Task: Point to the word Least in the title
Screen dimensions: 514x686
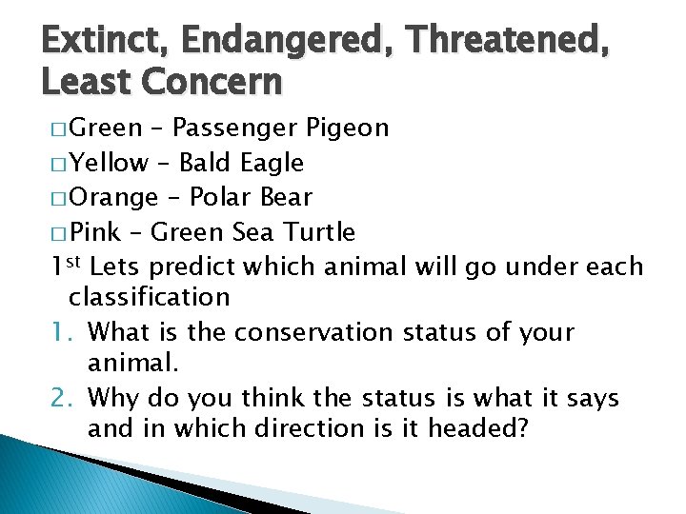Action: (87, 83)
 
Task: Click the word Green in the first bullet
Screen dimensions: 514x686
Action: (106, 128)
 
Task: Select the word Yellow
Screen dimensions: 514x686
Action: (110, 163)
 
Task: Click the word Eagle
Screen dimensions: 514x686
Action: (272, 163)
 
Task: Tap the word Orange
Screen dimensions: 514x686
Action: (114, 197)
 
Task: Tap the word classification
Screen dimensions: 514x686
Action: (150, 296)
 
